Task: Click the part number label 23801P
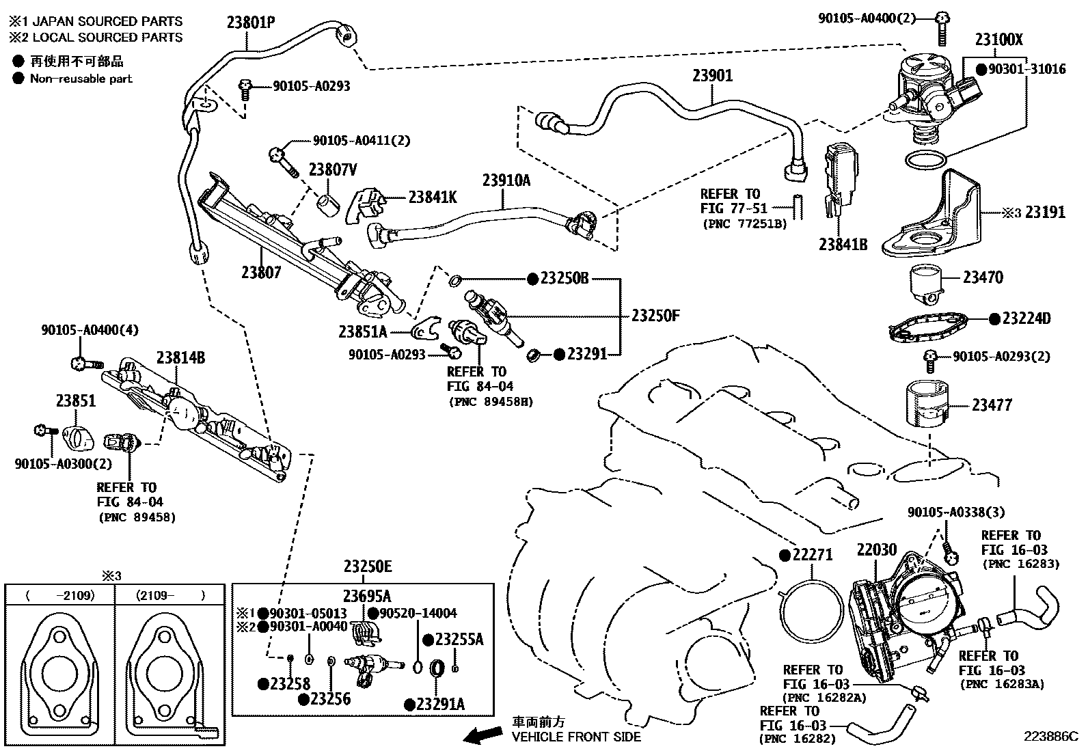tap(251, 23)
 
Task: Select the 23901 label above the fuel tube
tap(712, 75)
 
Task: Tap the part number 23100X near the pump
tap(998, 39)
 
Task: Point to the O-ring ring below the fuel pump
tap(925, 159)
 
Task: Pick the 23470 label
tap(983, 277)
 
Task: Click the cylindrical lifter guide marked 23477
tap(927, 404)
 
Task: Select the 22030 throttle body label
tap(877, 549)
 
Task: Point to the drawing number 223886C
tap(1051, 736)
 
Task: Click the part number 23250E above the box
tap(368, 566)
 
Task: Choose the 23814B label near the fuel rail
tap(180, 357)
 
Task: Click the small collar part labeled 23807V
tap(328, 206)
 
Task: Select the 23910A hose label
tap(506, 180)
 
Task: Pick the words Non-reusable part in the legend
tap(81, 79)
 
